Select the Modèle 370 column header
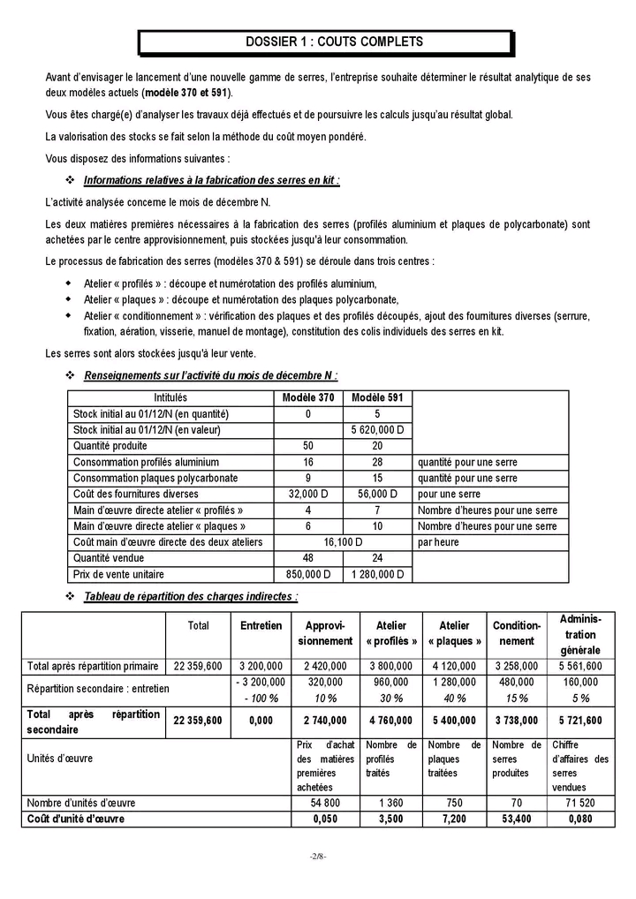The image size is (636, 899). (307, 398)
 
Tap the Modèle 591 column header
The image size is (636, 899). (377, 398)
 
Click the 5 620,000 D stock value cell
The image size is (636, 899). (377, 430)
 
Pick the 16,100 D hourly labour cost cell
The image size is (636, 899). (343, 541)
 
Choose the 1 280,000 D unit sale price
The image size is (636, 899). (377, 574)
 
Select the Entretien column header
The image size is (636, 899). (261, 625)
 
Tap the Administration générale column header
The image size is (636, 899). (579, 634)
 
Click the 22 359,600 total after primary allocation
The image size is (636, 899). (198, 666)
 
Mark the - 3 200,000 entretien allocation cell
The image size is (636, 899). (261, 682)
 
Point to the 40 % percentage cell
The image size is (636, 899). (454, 699)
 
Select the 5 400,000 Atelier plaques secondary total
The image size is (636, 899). (454, 721)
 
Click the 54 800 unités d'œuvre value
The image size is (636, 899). (325, 803)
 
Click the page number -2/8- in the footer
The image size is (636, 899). (318, 857)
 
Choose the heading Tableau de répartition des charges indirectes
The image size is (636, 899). (190, 596)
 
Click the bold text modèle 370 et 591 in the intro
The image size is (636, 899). (187, 93)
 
